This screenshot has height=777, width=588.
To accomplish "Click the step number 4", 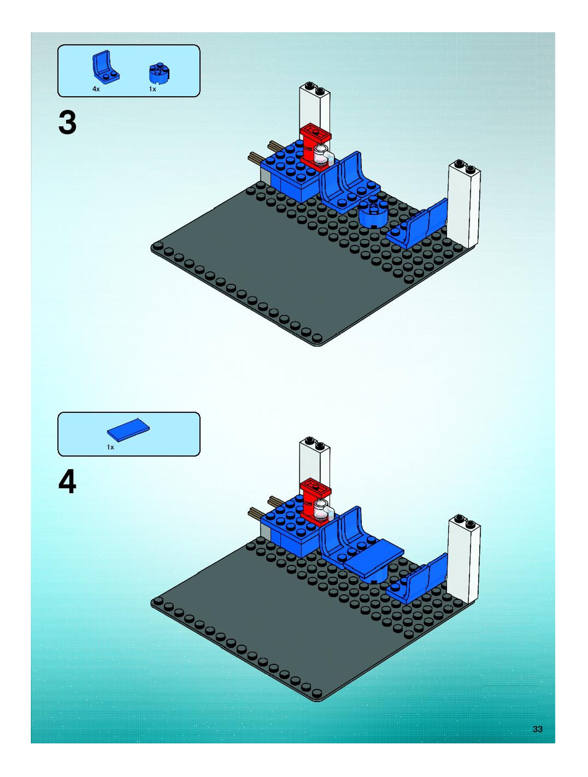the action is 67,482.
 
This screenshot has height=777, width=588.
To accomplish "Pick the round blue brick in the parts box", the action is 159,73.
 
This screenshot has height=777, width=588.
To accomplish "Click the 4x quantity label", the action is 96,89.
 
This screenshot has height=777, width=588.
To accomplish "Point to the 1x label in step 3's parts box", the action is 152,89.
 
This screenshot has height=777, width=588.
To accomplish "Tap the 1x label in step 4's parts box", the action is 111,447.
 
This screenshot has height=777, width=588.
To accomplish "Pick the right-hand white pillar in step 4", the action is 463,559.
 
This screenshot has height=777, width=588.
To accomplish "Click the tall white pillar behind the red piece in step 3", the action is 314,105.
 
